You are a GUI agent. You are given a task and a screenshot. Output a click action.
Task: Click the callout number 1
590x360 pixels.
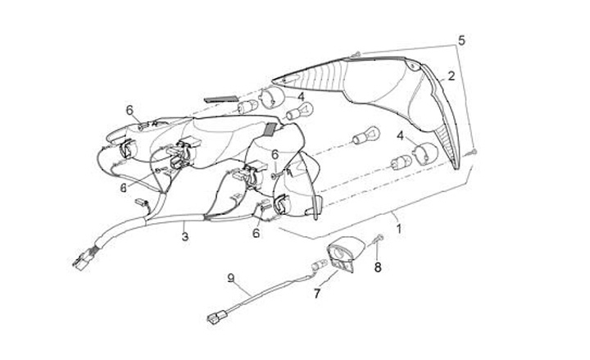pos(398,229)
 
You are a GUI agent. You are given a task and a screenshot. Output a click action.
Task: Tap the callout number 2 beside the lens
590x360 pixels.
pos(451,75)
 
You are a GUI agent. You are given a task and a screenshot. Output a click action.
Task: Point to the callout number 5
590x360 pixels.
pos(461,39)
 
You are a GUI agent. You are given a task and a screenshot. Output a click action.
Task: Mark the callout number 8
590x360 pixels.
pos(377,267)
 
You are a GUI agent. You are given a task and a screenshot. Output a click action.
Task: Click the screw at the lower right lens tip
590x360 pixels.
pos(474,153)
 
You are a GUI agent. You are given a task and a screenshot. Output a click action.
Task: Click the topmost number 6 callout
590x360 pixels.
pos(129,109)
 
